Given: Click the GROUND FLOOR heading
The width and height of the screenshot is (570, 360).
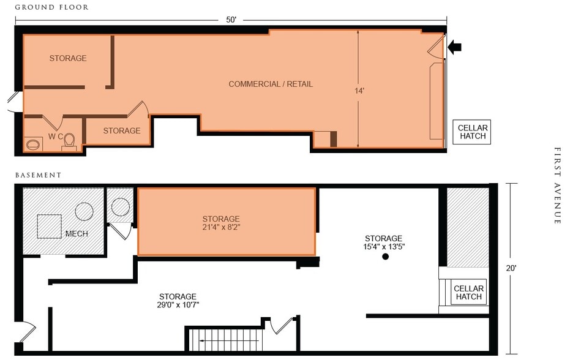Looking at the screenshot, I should point(51,7).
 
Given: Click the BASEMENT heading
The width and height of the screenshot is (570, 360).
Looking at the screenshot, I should point(38,175).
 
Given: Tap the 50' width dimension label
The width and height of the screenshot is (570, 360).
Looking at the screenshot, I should point(231,20).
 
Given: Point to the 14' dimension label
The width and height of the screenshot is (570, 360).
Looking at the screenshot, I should point(359,91).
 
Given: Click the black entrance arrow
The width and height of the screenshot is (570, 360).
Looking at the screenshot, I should point(454,47).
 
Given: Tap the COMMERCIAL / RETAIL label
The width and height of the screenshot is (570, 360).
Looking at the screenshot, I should point(271,84).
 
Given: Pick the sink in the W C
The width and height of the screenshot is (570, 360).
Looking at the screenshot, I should point(33,145).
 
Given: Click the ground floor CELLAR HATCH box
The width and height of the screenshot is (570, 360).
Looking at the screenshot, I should point(472,132).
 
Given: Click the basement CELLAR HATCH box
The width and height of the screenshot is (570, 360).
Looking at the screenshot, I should point(469,293).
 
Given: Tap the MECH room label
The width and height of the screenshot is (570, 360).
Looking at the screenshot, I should point(77,234).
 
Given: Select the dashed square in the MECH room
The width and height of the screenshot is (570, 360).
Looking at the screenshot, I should point(49,227).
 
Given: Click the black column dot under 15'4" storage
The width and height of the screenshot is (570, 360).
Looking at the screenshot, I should point(386,257).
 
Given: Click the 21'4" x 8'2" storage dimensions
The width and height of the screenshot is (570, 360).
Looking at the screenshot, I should point(221,228).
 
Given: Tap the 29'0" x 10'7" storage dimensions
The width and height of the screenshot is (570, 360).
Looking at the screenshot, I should point(178,305).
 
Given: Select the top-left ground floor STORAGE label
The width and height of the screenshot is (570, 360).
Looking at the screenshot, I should point(68,59).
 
